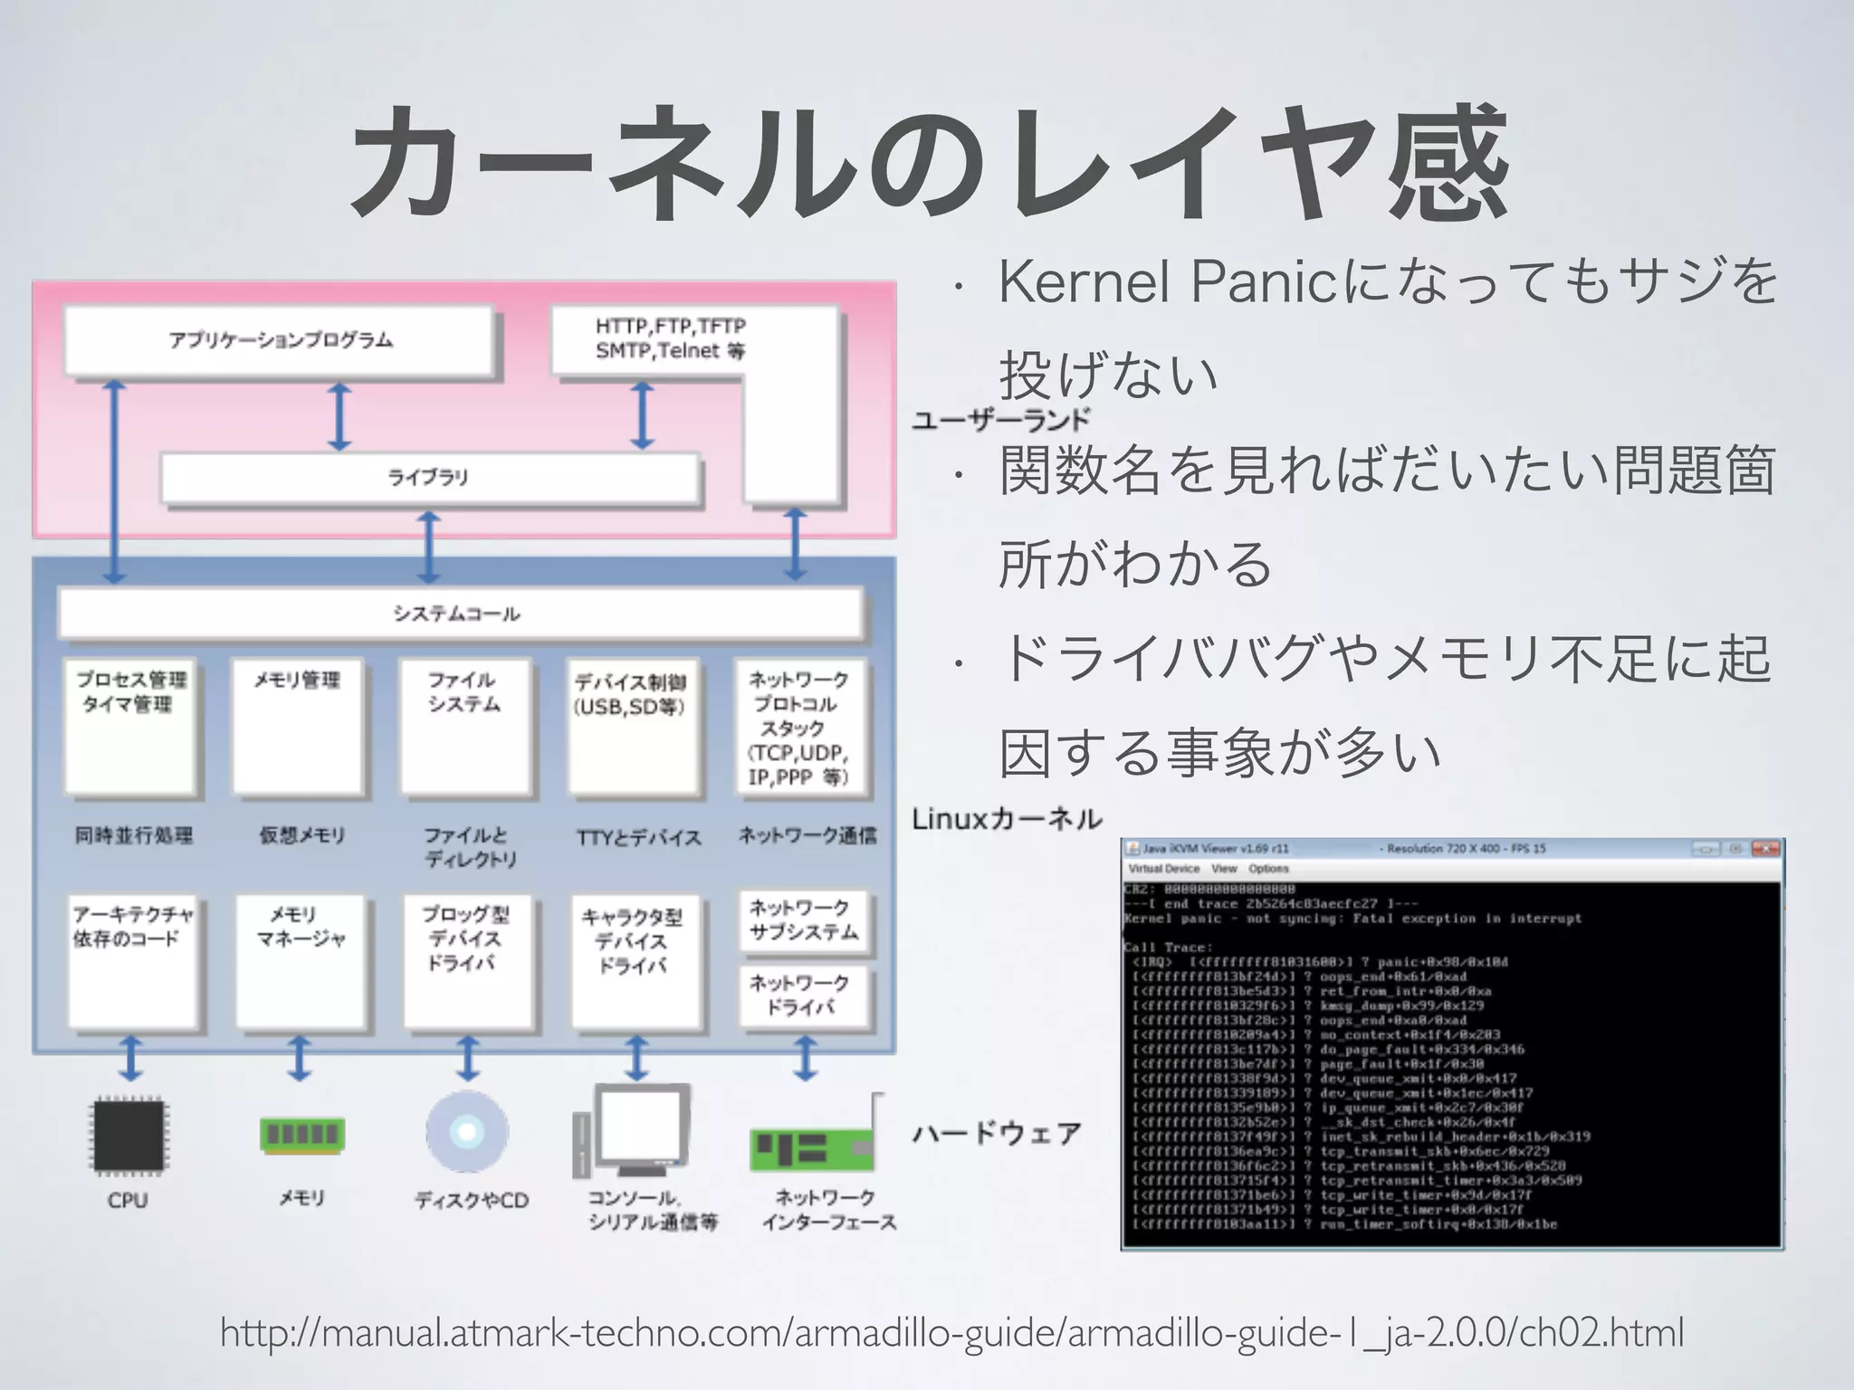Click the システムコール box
click(x=460, y=614)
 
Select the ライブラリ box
click(x=430, y=478)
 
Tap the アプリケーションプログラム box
click(x=280, y=340)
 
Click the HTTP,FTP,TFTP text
click(x=670, y=326)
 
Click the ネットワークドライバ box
click(x=804, y=995)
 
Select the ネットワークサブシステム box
click(x=804, y=921)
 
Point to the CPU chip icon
click(x=129, y=1135)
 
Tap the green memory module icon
click(x=301, y=1134)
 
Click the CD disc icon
click(x=467, y=1132)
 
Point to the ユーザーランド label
click(x=1001, y=420)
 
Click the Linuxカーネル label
click(x=1007, y=820)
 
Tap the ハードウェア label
click(x=997, y=1133)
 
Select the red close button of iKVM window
click(x=1764, y=849)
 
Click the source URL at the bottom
click(x=951, y=1333)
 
